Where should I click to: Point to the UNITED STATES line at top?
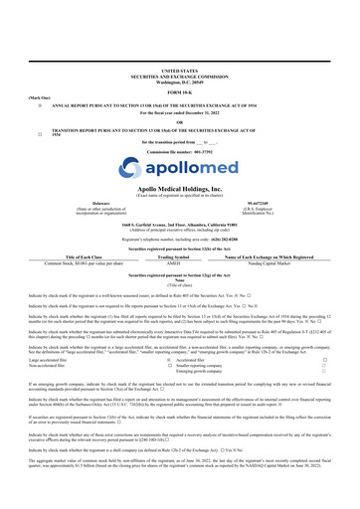tap(180, 43)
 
